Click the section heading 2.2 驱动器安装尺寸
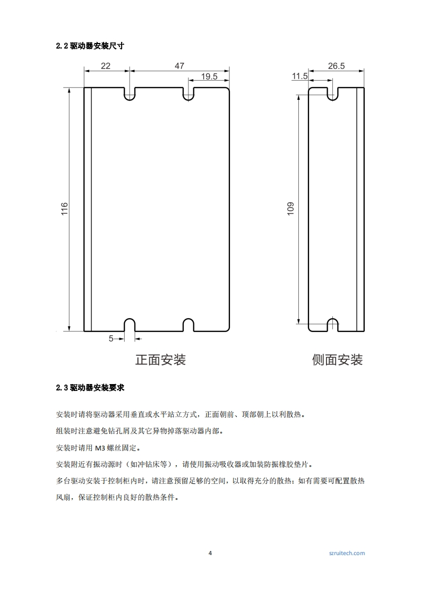[x=90, y=46]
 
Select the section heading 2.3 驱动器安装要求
[x=90, y=388]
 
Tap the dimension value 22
[x=106, y=66]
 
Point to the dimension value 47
[x=179, y=66]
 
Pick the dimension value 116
[x=65, y=208]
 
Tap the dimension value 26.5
[x=336, y=66]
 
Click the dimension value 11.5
[x=300, y=76]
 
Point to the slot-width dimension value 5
[x=111, y=338]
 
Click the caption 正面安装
[x=160, y=360]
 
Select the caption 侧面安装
[x=337, y=360]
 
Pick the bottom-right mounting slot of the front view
[x=188, y=325]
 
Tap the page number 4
[x=210, y=553]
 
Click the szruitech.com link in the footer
[x=347, y=553]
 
